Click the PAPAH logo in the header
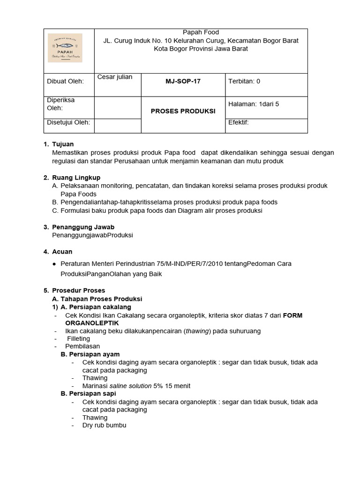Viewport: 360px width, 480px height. (66, 48)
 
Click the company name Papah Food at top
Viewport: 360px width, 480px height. (201, 32)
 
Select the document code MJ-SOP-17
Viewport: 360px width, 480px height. (183, 81)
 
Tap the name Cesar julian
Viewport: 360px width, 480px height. (114, 77)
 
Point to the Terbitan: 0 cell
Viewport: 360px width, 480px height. (244, 81)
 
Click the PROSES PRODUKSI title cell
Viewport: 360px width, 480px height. (183, 111)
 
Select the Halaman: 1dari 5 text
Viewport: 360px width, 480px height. (253, 104)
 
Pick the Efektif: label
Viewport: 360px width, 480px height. (238, 122)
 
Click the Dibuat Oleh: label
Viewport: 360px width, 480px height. (65, 81)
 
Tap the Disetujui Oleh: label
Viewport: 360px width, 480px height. (68, 122)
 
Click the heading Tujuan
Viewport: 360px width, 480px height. (63, 144)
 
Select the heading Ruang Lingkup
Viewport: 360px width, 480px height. (76, 178)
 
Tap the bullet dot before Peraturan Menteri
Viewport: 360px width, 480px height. (55, 264)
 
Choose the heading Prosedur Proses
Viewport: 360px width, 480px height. (78, 291)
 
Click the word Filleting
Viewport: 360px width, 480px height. (78, 338)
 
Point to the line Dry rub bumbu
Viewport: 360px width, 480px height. (104, 425)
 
